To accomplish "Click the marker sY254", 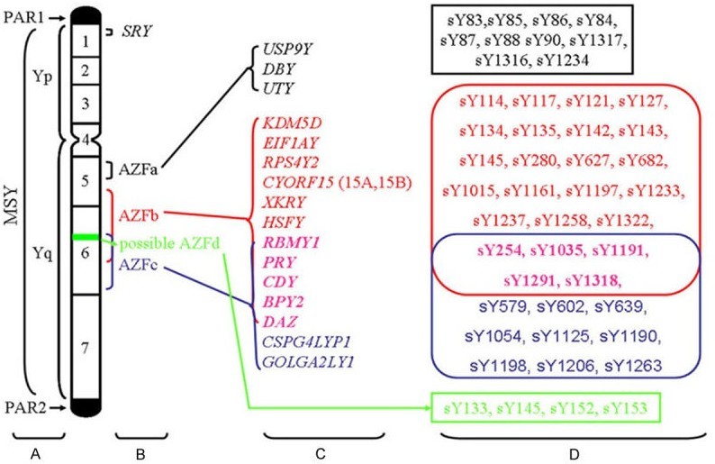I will click(485, 246).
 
